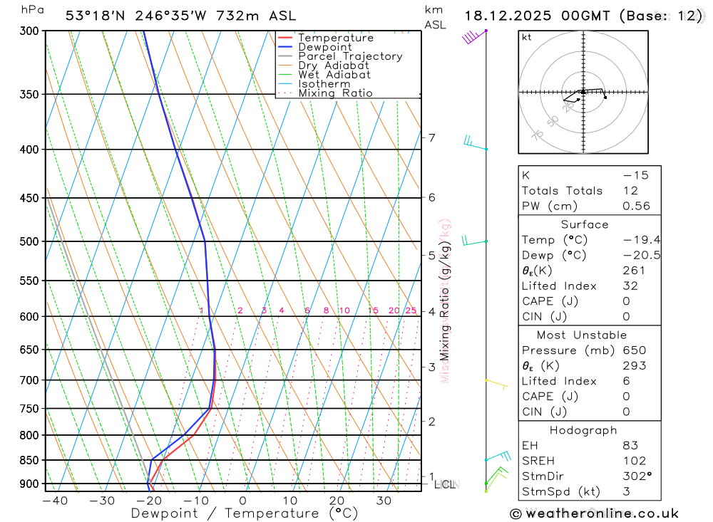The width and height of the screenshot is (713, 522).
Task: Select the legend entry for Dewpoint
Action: point(325,47)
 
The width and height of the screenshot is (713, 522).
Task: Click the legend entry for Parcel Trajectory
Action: point(350,56)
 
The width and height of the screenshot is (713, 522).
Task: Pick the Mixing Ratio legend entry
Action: point(335,93)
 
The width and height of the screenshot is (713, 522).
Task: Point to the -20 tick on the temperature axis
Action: point(149,501)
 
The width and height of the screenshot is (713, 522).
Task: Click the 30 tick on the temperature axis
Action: point(384,501)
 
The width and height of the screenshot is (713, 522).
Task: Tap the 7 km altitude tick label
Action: point(431,137)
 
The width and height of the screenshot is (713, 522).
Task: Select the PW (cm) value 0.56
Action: point(636,206)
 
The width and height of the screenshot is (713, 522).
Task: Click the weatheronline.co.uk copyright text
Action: point(594,513)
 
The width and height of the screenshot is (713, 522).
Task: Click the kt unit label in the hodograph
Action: point(526,37)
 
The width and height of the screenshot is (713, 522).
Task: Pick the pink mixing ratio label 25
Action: point(411,310)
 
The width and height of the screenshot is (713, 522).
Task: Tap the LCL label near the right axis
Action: point(444,485)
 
